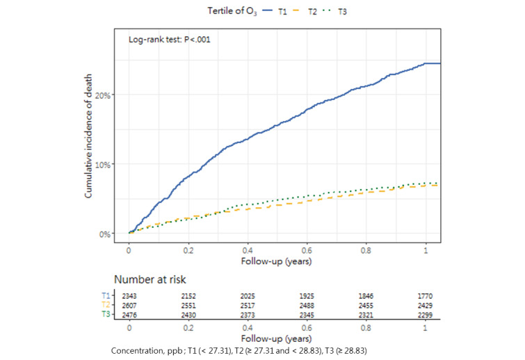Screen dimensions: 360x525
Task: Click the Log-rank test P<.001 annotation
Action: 170,40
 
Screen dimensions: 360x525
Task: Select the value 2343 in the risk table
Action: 129,296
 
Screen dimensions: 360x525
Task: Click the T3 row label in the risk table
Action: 105,316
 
